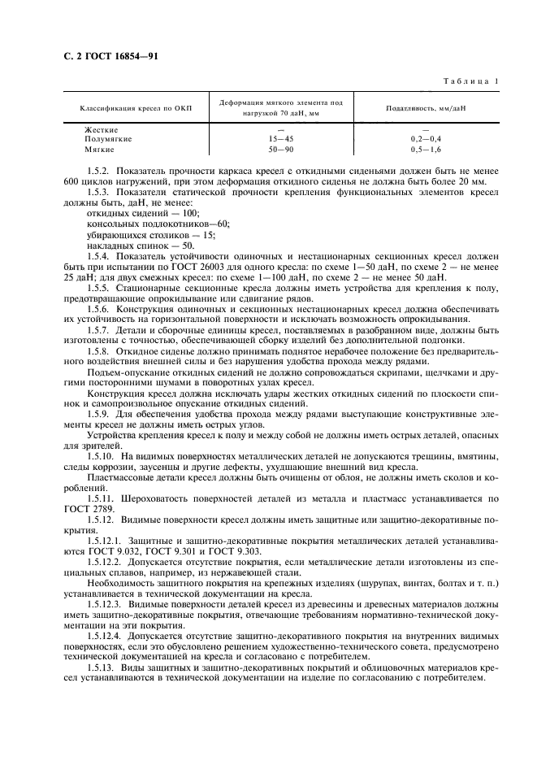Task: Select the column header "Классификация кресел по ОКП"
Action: pos(129,107)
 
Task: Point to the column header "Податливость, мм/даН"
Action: pos(431,107)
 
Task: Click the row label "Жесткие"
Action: pos(102,130)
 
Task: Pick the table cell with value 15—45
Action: pos(280,140)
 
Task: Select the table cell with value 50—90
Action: pos(280,150)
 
